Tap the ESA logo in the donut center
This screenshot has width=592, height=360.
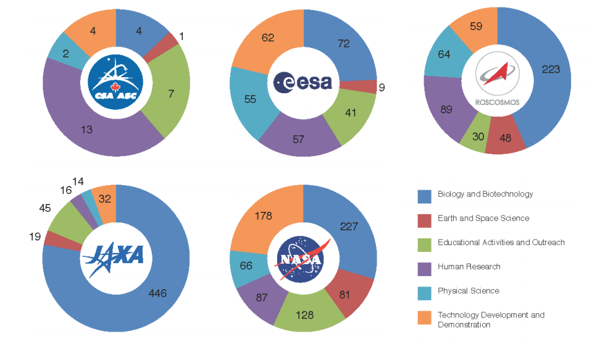(303, 82)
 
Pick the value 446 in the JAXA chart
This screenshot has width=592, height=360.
(158, 293)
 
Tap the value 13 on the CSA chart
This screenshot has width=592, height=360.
(88, 129)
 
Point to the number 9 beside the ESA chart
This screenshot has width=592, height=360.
(382, 88)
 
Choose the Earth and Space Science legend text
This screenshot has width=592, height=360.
(483, 218)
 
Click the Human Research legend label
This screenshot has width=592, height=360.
(469, 267)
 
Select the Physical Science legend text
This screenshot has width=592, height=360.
(469, 291)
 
